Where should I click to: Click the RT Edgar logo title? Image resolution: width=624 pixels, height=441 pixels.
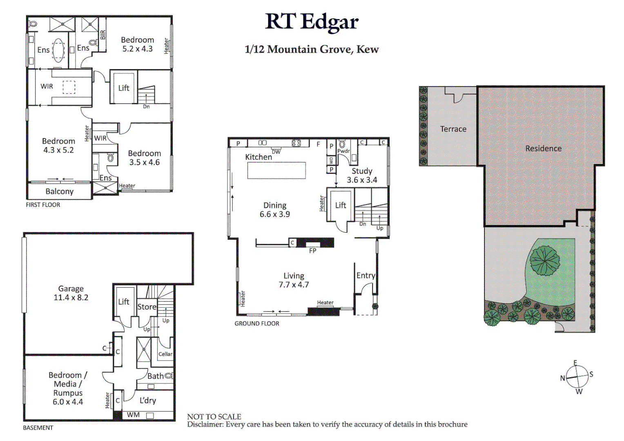312,22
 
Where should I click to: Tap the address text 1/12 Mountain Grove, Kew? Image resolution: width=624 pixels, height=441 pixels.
312,49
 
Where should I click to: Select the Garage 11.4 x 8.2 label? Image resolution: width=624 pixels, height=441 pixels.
71,293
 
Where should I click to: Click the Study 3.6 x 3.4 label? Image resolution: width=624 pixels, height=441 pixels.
362,176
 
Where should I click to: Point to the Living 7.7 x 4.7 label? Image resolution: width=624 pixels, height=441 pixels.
294,281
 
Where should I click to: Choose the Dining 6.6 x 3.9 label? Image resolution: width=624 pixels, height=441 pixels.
275,210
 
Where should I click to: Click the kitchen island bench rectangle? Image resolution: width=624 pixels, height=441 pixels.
276,170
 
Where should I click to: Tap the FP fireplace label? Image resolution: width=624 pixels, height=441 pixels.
313,251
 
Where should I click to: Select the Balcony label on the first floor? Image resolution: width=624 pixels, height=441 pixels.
60,192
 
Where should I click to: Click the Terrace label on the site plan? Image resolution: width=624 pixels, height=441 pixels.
453,129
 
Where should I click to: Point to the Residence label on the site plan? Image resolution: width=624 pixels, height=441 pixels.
543,149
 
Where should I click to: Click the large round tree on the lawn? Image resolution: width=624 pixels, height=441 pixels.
544,260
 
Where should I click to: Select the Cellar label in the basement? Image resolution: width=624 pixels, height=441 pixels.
165,354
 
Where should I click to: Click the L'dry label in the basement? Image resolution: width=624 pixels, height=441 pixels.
148,401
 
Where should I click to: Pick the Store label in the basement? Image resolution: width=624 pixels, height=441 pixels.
147,307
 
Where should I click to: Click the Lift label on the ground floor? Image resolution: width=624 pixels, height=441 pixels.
341,205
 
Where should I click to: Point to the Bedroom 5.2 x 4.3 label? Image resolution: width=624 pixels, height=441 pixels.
138,45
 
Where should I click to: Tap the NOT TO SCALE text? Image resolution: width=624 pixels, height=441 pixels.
214,416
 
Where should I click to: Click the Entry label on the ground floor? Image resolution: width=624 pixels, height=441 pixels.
365,276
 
